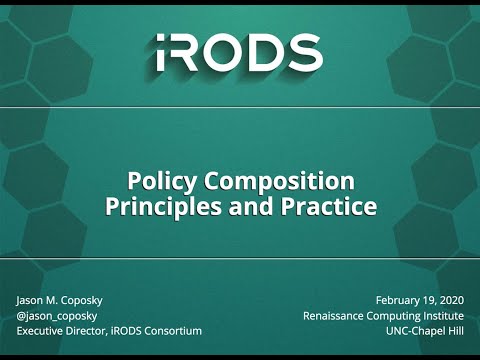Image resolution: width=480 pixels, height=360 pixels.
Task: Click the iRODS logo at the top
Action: coord(239,52)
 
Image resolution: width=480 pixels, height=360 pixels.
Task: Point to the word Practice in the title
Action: coord(329,208)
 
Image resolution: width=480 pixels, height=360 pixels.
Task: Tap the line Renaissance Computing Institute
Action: coord(382,316)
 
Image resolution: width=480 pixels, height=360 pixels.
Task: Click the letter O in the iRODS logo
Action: coord(229,53)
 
